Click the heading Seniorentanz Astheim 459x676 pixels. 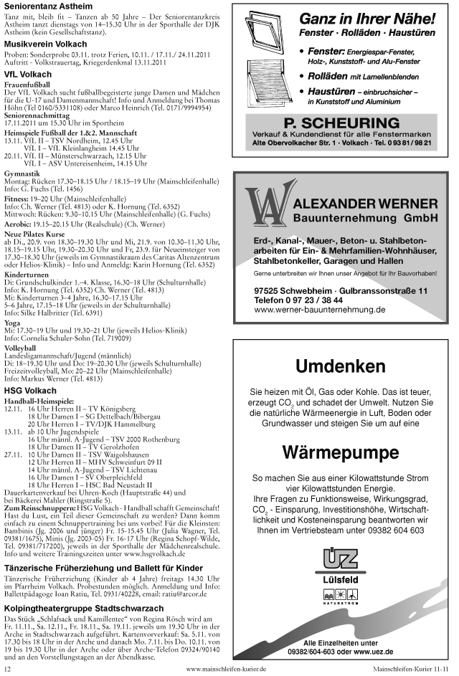point(46,7)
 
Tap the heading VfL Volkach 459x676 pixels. point(28,74)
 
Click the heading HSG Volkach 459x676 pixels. point(30,391)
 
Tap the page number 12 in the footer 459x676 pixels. point(7,669)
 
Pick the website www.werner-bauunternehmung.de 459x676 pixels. point(320,310)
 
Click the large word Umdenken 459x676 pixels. point(340,367)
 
